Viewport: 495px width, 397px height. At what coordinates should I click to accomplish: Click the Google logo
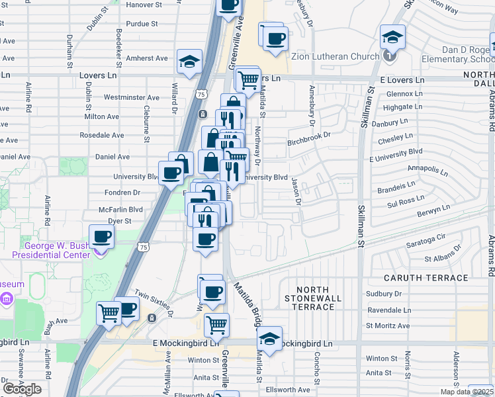22,389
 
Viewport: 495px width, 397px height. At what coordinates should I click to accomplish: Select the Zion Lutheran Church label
335,57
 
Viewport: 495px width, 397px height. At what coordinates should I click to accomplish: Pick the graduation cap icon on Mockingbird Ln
269,338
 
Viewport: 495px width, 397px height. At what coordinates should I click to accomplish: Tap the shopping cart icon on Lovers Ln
247,79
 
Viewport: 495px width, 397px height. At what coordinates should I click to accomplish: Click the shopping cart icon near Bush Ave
109,312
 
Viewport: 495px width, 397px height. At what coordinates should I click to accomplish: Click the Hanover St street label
144,5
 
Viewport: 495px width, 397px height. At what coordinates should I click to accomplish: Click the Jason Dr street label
297,191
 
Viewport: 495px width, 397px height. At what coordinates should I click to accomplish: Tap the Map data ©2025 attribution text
467,392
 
